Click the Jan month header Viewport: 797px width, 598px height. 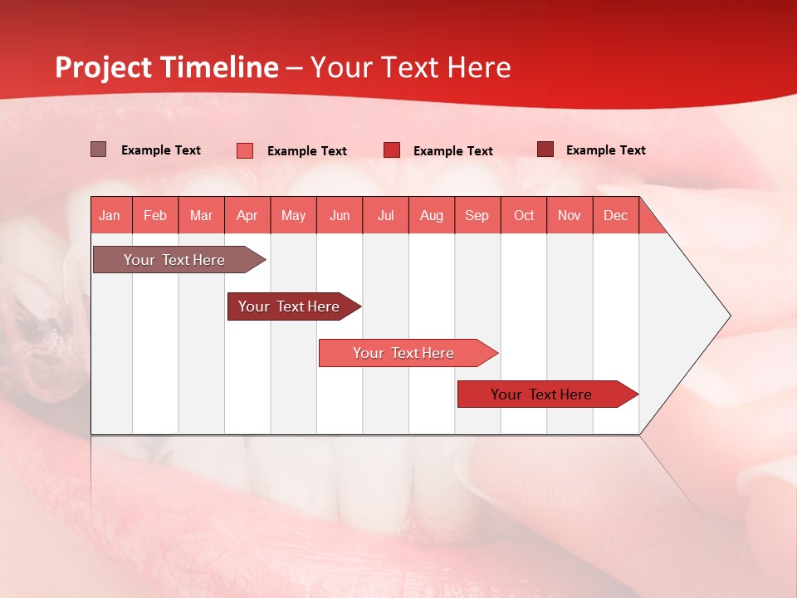click(x=110, y=215)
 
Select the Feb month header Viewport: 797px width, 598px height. click(x=155, y=215)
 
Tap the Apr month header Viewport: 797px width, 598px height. click(x=247, y=215)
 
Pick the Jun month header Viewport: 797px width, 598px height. click(x=340, y=215)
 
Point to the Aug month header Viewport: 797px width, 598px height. click(x=431, y=215)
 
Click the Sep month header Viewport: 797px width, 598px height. click(x=477, y=215)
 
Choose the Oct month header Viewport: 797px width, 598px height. click(x=524, y=215)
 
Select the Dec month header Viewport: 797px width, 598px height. click(x=615, y=215)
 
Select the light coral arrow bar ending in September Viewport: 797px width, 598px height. click(x=404, y=353)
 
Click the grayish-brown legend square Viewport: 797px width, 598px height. click(x=98, y=149)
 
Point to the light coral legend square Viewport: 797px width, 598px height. click(x=245, y=150)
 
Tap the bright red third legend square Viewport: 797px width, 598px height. click(x=392, y=150)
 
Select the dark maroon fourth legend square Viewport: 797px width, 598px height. click(x=545, y=149)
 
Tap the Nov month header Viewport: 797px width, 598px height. click(x=570, y=215)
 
